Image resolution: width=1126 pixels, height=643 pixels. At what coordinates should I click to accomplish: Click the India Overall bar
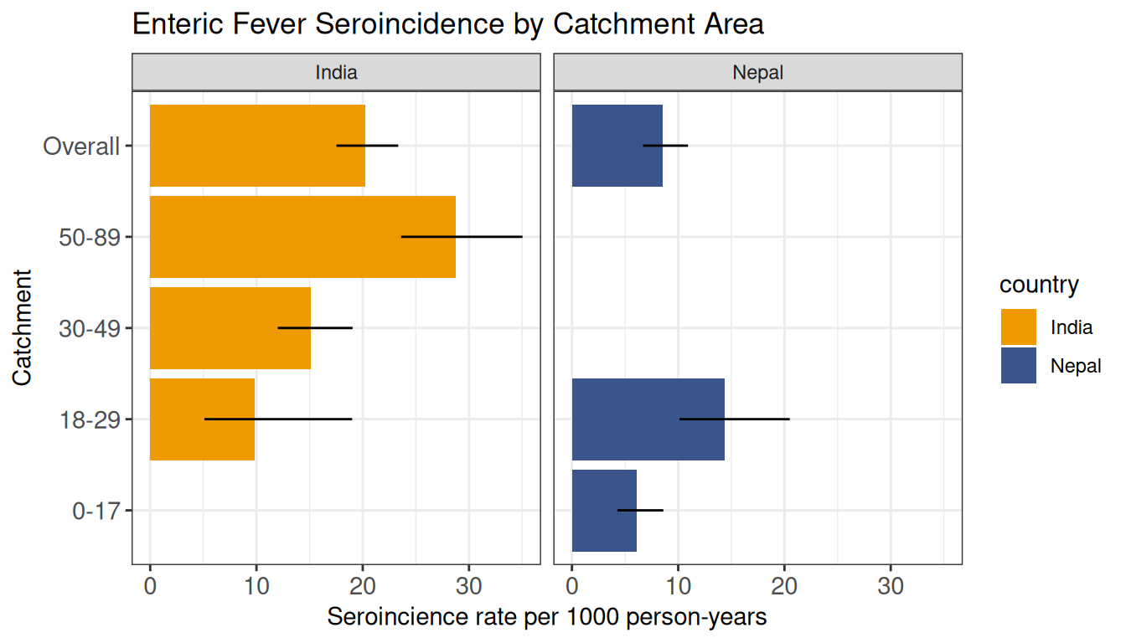(x=257, y=146)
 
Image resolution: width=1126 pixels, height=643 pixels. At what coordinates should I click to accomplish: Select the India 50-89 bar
(x=302, y=237)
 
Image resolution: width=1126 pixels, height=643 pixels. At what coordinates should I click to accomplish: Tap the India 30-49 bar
(x=230, y=328)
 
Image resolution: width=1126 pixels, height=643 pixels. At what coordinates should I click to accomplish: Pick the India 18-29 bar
(x=202, y=419)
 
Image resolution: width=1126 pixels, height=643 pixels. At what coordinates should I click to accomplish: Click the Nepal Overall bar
(x=617, y=146)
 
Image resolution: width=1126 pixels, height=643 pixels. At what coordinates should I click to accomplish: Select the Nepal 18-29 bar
(x=648, y=419)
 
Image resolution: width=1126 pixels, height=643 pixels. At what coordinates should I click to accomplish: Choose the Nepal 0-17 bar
(x=604, y=511)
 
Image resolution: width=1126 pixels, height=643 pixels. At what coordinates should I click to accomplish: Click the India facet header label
(x=336, y=72)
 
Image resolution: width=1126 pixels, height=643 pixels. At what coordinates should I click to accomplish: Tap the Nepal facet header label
(x=757, y=73)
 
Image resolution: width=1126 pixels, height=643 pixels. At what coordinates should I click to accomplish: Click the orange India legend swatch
(x=1019, y=327)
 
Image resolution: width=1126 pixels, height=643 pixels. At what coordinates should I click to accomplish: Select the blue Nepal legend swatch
(x=1019, y=365)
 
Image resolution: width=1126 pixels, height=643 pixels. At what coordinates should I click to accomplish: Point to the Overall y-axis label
(x=81, y=147)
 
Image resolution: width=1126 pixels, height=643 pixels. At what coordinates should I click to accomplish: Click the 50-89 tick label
(x=90, y=237)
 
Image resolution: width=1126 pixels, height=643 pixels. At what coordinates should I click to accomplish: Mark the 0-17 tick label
(x=96, y=511)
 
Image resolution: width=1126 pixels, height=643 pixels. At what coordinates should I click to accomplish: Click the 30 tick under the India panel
(x=469, y=586)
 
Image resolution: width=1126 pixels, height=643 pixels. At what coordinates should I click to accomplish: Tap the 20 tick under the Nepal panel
(x=784, y=586)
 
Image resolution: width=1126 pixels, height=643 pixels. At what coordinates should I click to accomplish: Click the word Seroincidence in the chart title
(x=410, y=23)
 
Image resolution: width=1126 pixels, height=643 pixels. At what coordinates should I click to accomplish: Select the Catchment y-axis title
(x=22, y=327)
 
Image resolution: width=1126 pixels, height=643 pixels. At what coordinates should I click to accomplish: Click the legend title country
(x=1039, y=285)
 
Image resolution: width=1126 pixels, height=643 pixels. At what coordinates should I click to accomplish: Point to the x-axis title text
(x=547, y=617)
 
